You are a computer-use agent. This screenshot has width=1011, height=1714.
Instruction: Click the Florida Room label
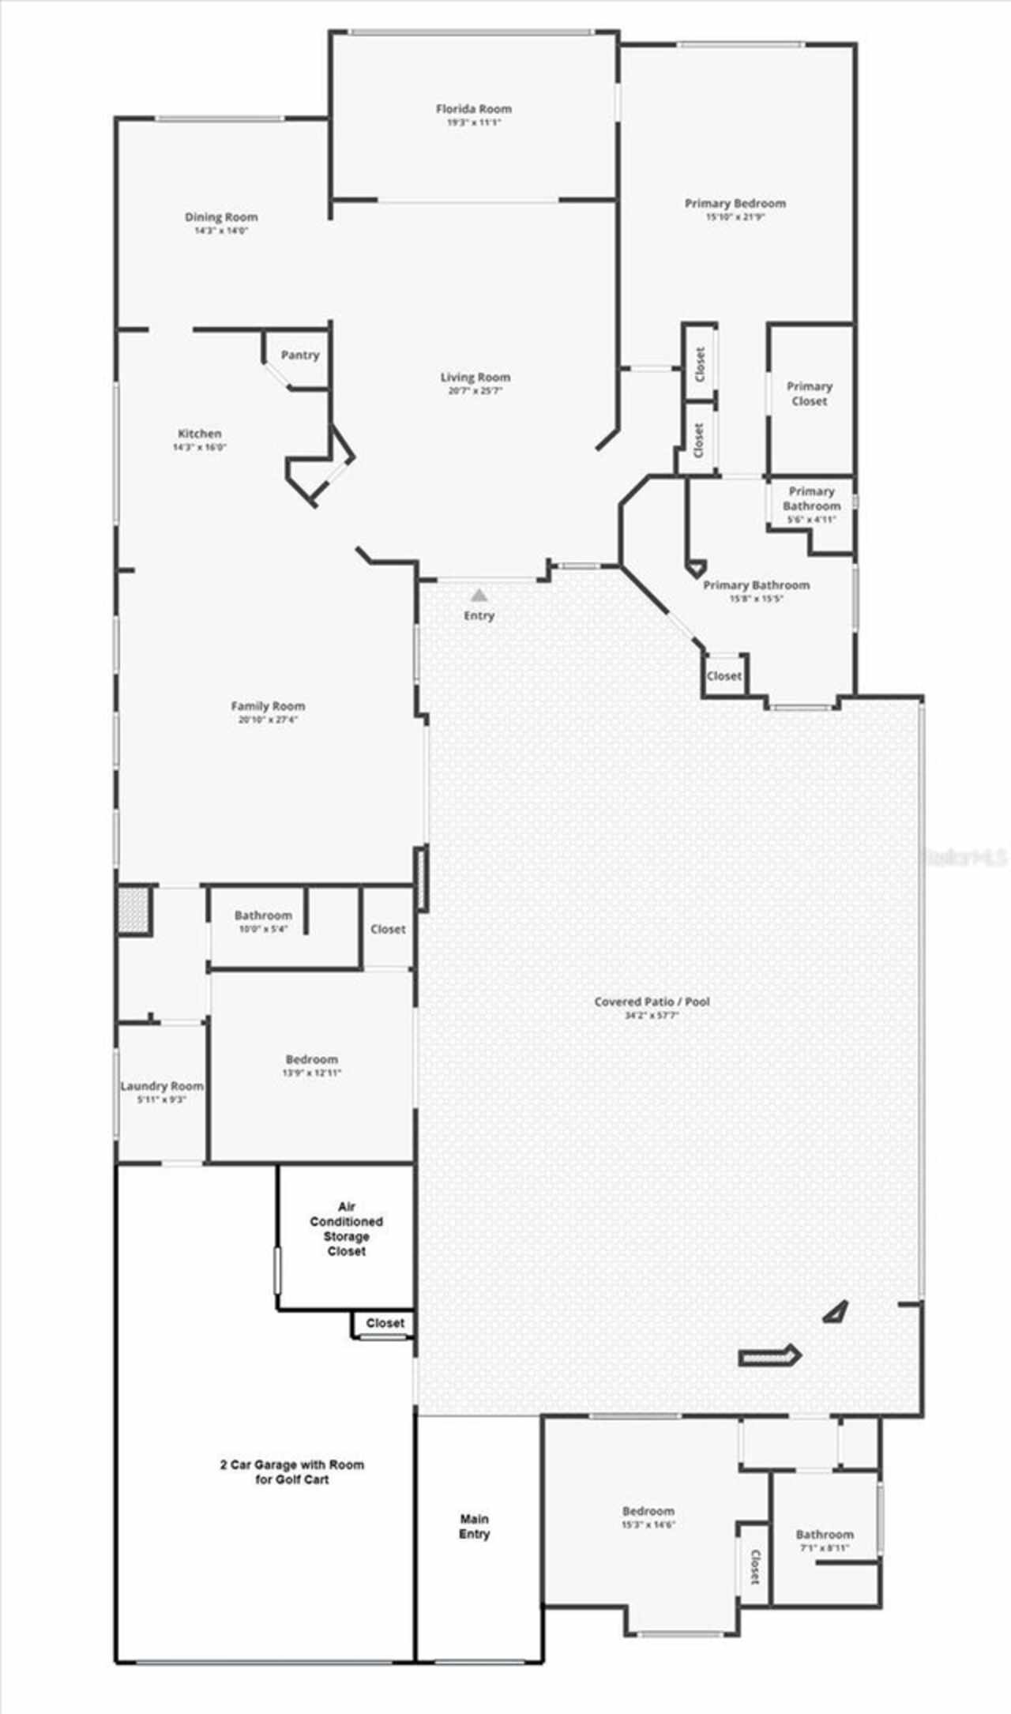tap(474, 109)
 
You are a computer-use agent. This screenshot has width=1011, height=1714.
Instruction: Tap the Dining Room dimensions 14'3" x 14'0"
tap(221, 231)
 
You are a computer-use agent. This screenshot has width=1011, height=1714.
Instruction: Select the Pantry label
tap(300, 355)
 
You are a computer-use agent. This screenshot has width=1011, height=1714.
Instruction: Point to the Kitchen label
tap(200, 433)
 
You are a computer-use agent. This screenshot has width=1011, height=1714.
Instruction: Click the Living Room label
tap(475, 377)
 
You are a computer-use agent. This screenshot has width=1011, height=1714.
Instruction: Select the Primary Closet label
tap(810, 393)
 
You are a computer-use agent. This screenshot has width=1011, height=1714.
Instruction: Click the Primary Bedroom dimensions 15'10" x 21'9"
tap(735, 216)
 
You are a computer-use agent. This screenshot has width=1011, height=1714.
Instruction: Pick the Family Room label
tap(268, 705)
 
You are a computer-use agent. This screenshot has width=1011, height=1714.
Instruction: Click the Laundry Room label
tap(162, 1085)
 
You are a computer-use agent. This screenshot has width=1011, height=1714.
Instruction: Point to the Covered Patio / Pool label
tap(652, 1001)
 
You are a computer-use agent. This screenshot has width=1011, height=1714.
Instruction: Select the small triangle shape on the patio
tap(836, 1313)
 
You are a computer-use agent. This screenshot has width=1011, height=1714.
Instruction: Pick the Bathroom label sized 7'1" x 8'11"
tap(825, 1534)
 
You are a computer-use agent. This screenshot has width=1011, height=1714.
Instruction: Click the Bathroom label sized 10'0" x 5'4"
tap(263, 915)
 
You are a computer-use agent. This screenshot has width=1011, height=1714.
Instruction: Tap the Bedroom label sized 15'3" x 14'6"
tap(648, 1511)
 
